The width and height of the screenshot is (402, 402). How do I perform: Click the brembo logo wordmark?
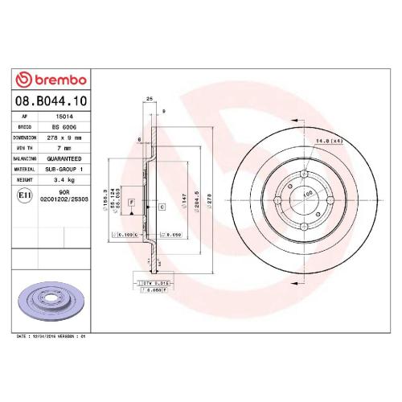(x=54, y=78)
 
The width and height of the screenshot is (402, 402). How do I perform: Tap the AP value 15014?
(x=59, y=117)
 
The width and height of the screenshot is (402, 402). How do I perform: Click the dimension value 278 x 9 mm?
(x=64, y=137)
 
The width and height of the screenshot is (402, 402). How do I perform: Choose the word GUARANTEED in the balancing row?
(x=64, y=158)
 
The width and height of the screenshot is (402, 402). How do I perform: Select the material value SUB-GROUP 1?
(x=64, y=169)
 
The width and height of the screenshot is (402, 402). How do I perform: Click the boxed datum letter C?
(x=162, y=207)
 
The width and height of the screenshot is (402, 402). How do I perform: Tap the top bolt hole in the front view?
(x=306, y=176)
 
